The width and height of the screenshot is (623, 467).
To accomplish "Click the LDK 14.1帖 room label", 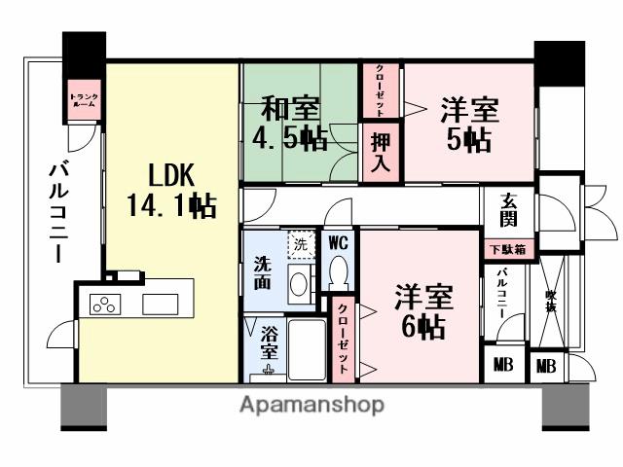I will [170, 190].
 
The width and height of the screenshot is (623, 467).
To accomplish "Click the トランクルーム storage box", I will [83, 98].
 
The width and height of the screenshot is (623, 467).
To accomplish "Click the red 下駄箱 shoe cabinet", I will [508, 249].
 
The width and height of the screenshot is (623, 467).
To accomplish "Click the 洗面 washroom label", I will [264, 272].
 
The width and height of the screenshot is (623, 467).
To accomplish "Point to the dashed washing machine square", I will [300, 245].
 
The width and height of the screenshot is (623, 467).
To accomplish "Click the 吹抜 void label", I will [551, 303].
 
